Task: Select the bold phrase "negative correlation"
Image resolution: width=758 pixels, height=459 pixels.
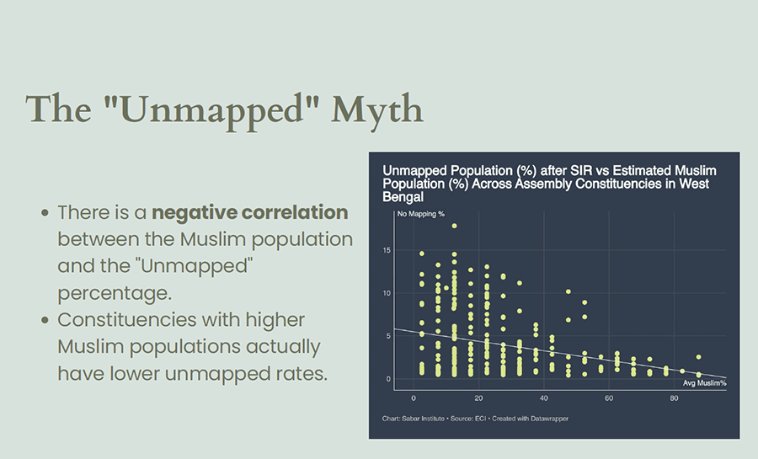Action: click(x=249, y=211)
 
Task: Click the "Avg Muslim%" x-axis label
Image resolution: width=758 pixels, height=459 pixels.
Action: click(x=704, y=383)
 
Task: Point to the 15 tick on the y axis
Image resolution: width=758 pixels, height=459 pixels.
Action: click(x=386, y=251)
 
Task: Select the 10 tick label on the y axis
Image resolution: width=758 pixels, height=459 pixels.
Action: click(x=386, y=294)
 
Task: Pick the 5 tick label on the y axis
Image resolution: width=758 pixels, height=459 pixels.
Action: click(x=388, y=336)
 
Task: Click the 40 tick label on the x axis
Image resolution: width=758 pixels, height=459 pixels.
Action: click(x=544, y=398)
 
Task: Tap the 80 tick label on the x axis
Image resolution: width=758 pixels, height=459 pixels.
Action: click(x=675, y=398)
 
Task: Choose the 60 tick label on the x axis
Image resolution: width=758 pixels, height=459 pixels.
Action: click(x=609, y=398)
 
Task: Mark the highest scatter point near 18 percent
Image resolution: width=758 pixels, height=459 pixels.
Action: click(x=454, y=226)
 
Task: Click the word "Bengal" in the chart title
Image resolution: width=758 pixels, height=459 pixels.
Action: click(x=403, y=196)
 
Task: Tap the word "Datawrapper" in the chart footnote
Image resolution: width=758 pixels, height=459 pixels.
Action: click(x=548, y=419)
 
